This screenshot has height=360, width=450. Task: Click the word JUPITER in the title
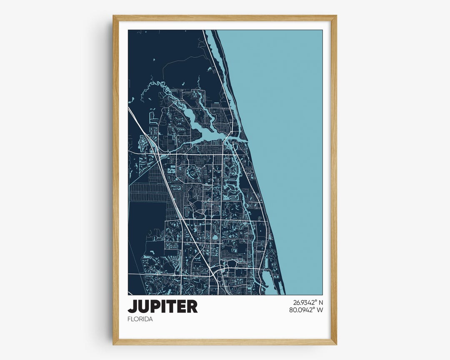click(162, 306)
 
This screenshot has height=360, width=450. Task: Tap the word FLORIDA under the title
click(140, 319)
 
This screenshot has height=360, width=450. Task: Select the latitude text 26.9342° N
click(305, 302)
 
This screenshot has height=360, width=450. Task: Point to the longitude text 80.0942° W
click(305, 310)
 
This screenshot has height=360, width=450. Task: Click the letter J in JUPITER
click(132, 306)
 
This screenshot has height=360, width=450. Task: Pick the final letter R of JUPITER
click(192, 306)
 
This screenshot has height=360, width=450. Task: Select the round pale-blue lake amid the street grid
click(215, 238)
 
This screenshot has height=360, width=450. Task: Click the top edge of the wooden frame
click(225, 18)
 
